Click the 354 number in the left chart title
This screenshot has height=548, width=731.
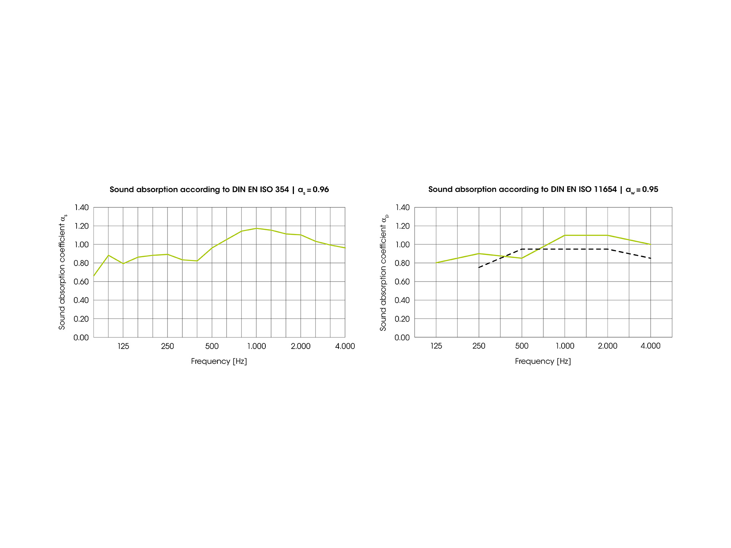[x=282, y=190]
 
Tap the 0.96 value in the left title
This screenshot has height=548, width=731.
[x=321, y=190]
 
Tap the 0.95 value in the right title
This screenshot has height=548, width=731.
[x=650, y=190]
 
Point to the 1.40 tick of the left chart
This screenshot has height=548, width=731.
[x=81, y=207]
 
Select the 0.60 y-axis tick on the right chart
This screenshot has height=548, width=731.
[x=402, y=282]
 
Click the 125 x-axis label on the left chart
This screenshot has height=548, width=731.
[x=123, y=346]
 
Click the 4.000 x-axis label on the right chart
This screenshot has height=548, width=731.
[x=650, y=346]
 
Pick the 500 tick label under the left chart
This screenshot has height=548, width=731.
[x=212, y=346]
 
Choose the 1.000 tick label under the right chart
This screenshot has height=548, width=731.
[x=565, y=346]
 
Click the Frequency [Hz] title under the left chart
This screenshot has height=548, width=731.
[x=219, y=361]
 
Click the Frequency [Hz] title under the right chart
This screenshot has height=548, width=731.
[x=543, y=361]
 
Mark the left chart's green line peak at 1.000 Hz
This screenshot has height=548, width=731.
[x=256, y=228]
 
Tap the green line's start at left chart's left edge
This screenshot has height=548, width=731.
[x=94, y=276]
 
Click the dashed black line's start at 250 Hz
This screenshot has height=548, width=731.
[x=479, y=268]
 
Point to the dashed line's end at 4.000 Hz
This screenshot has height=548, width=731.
[x=650, y=258]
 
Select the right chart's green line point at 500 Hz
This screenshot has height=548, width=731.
[x=522, y=258]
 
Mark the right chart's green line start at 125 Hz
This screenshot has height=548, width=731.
[x=436, y=263]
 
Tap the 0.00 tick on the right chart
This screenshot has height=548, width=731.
[x=402, y=338]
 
